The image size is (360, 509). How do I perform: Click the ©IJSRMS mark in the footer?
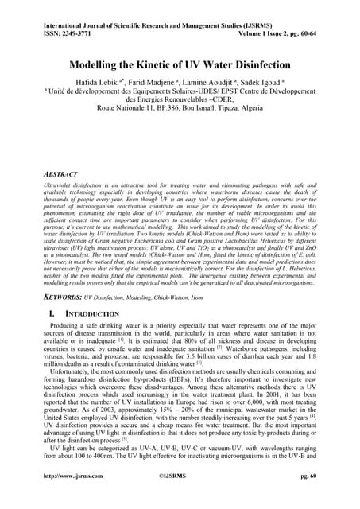(179, 499)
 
